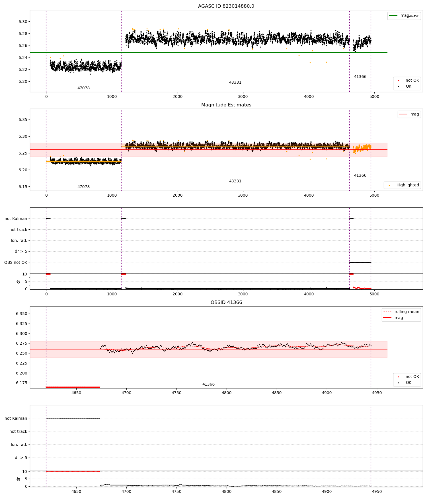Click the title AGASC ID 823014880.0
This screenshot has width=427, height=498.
pos(226,6)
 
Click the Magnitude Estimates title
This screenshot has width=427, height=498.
pos(226,105)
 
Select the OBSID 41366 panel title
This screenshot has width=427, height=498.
pos(226,302)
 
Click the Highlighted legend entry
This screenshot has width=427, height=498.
pos(402,185)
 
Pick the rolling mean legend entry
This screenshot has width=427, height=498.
pos(401,312)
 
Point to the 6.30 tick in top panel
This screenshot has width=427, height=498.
pos(23,22)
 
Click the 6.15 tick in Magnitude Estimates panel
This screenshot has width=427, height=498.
pos(23,187)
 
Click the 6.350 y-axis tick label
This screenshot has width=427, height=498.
pos(22,314)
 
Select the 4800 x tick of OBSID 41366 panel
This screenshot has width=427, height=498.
pos(227,393)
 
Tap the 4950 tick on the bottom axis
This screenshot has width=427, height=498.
pos(377,491)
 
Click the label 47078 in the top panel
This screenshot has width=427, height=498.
pos(83,88)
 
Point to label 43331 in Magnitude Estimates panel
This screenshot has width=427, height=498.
pos(235,181)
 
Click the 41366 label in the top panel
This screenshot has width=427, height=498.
pos(360,77)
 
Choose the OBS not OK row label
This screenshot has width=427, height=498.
pos(16,262)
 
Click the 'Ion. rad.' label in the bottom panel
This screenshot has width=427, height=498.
pos(19,445)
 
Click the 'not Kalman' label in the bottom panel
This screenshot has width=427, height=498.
pos(16,418)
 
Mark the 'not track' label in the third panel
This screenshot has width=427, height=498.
pos(18,230)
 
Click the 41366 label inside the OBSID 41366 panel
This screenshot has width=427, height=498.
pos(208,384)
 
